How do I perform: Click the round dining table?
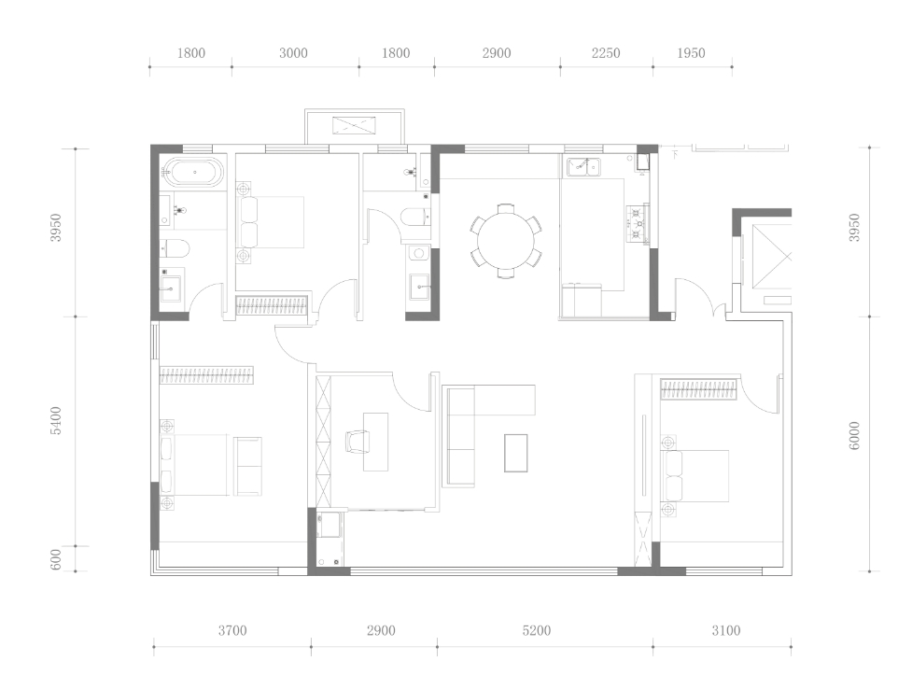pos(505,241)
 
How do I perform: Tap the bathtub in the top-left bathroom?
pos(194,172)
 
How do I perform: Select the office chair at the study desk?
pos(358,441)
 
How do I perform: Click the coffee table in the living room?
pos(516,453)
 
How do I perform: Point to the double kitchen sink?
pos(584,167)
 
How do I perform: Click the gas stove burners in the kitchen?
pos(638,223)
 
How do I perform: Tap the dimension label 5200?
pos(536,631)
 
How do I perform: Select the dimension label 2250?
pos(606,53)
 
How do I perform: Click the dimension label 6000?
pos(854,436)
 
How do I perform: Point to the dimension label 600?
pos(56,560)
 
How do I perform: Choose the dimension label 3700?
pos(232,631)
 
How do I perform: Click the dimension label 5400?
pos(56,420)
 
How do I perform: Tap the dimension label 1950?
pos(691,53)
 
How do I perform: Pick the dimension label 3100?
pos(726,631)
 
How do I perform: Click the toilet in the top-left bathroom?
pos(175,248)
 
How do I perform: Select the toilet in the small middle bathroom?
pos(416,217)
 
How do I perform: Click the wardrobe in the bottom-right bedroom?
pos(698,389)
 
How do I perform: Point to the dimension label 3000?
pos(293,53)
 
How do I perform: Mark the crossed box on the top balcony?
pos(354,125)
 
